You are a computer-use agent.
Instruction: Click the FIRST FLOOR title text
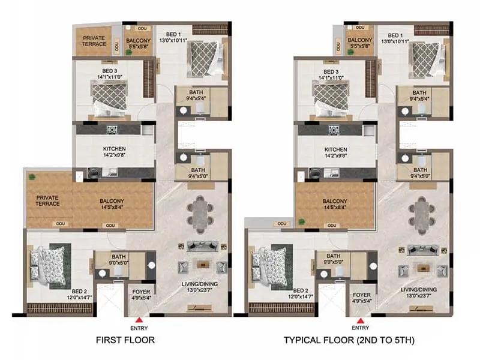point(125,340)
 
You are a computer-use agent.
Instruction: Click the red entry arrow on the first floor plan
point(139,319)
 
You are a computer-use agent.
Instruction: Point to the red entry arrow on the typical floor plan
point(361,319)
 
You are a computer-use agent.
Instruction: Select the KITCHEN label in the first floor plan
point(113,149)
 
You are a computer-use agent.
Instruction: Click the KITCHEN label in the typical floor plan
point(335,149)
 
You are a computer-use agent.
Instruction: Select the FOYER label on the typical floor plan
point(361,294)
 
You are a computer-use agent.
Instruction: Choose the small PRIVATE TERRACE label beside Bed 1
point(94,41)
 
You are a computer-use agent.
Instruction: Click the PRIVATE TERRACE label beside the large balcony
point(48,200)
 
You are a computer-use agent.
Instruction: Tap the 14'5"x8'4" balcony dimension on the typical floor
point(335,208)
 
